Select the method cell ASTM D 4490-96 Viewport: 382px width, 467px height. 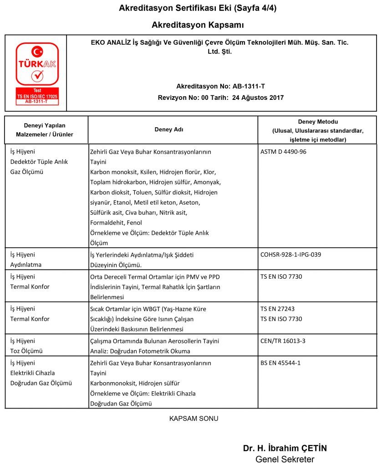tap(284, 152)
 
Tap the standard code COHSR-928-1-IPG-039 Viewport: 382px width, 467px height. tap(291, 254)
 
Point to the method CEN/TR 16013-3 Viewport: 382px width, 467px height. tap(283, 341)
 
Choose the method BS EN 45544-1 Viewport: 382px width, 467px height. tap(280, 363)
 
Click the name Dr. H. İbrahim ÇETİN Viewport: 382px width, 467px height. tap(285, 448)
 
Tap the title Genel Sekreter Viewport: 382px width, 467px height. tap(285, 459)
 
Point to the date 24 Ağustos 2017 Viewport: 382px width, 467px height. tap(258, 98)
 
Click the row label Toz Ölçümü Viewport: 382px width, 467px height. tap(26, 351)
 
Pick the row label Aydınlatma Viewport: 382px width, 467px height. tap(26, 265)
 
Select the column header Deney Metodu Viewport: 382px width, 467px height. tap(318, 122)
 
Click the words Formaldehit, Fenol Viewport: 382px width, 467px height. tap(117, 223)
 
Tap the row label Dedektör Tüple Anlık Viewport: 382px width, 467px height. tap(39, 161)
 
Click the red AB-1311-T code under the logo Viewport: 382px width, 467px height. tap(37, 102)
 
